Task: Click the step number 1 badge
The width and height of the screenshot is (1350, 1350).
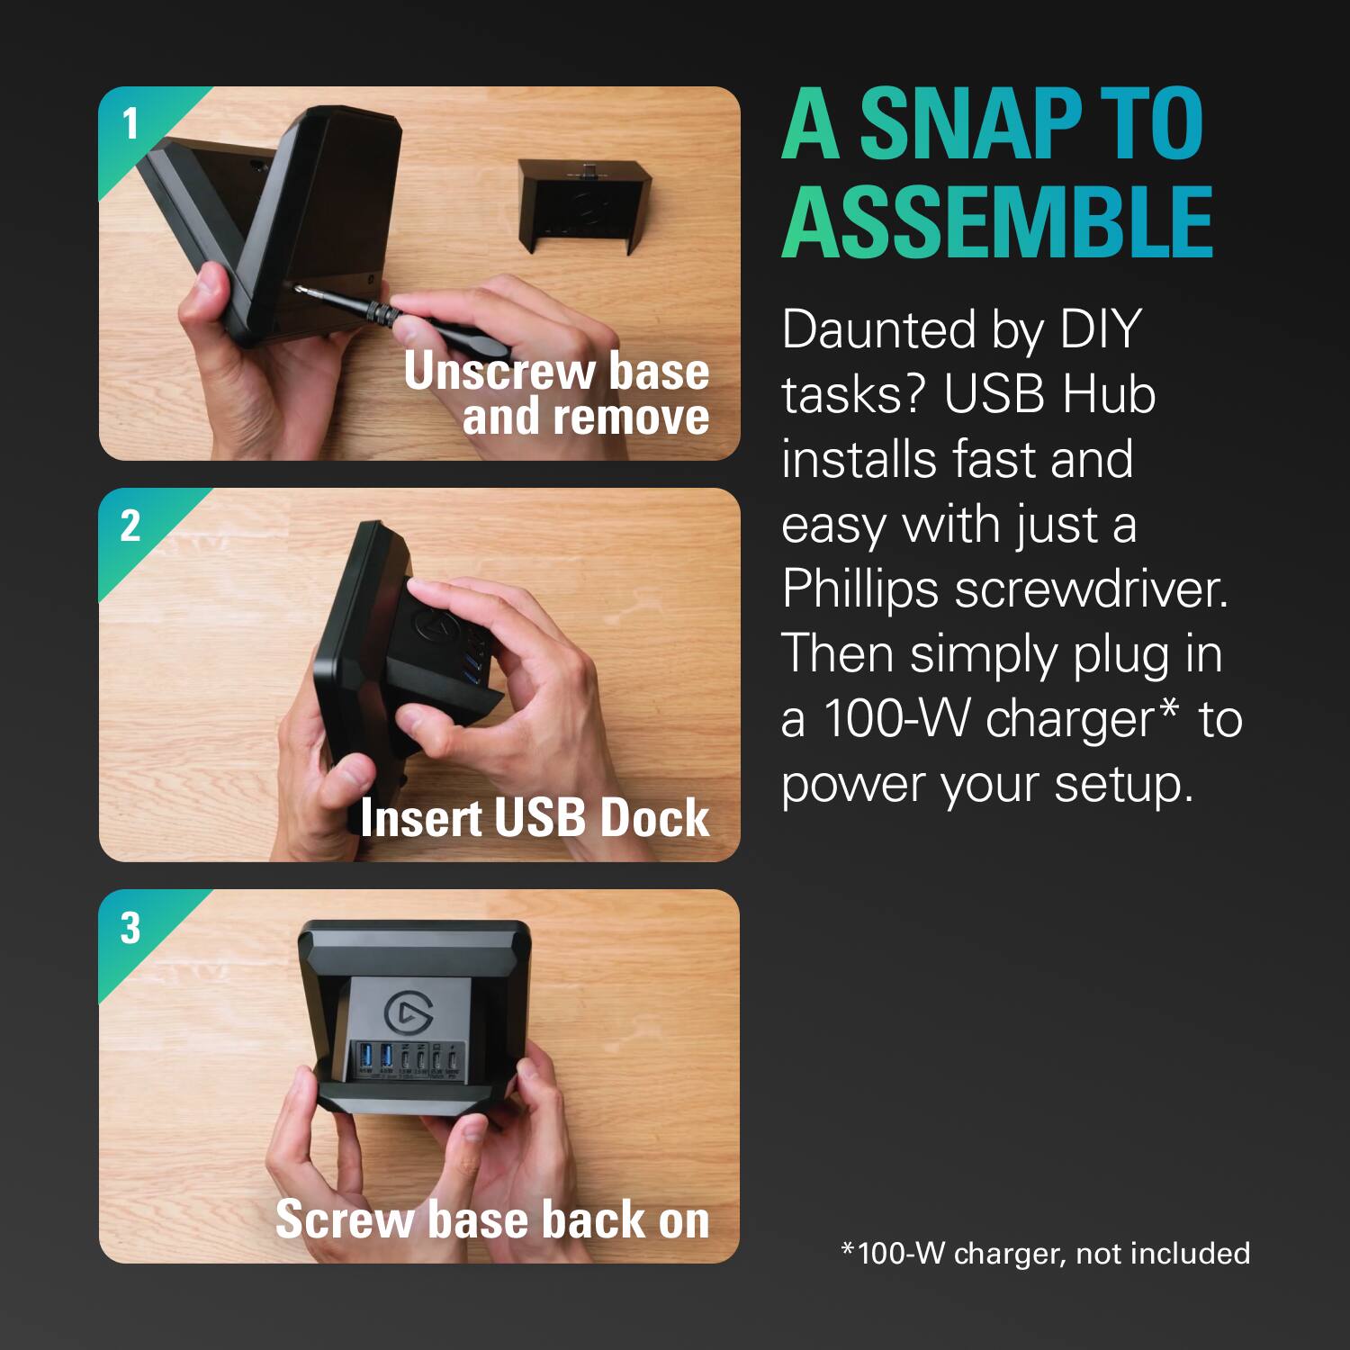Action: click(130, 123)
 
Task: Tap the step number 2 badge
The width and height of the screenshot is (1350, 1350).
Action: click(130, 526)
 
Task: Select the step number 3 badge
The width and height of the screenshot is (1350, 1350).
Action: click(130, 928)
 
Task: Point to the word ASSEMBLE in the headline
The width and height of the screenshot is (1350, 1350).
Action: click(997, 222)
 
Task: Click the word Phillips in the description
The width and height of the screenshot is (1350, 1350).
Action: click(860, 589)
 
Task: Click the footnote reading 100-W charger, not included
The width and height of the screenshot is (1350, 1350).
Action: click(1045, 1253)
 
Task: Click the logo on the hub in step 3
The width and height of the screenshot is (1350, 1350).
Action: click(408, 1013)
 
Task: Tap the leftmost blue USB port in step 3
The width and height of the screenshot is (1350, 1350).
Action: click(365, 1056)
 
